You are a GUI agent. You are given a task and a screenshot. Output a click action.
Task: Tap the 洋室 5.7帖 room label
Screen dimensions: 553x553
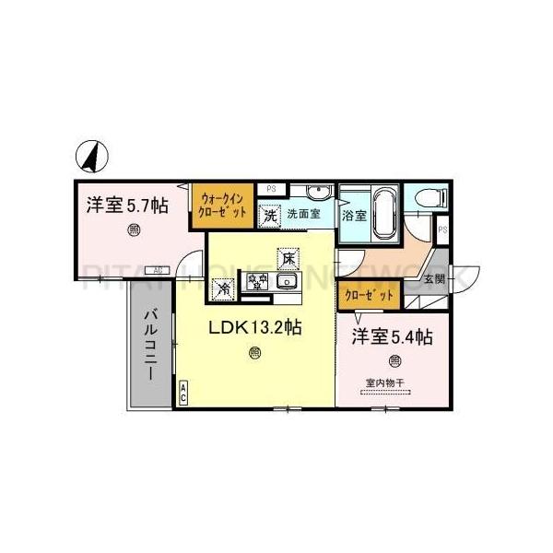pyautogui.click(x=127, y=206)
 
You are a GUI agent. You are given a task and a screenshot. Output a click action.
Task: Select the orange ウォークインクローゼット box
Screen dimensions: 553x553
pyautogui.click(x=222, y=204)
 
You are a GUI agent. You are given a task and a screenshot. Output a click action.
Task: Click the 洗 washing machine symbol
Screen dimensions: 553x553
pyautogui.click(x=269, y=216)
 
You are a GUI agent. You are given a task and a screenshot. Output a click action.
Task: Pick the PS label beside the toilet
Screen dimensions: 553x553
pyautogui.click(x=442, y=229)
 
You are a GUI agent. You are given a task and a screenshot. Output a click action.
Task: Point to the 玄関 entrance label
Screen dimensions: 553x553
pyautogui.click(x=433, y=278)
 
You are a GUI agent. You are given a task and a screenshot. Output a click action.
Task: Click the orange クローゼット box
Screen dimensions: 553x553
pyautogui.click(x=369, y=296)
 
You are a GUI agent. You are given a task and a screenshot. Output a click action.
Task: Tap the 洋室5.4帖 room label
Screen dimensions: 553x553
pyautogui.click(x=391, y=338)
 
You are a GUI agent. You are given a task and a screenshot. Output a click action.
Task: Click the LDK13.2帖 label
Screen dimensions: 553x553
pyautogui.click(x=254, y=327)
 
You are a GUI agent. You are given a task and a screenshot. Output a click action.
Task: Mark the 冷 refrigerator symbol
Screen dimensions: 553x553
pyautogui.click(x=224, y=288)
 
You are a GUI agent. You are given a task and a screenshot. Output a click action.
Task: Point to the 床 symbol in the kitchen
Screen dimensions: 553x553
pyautogui.click(x=289, y=259)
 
